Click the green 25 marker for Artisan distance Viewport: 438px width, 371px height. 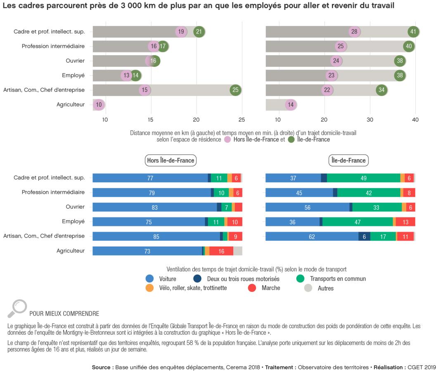[x=235, y=90]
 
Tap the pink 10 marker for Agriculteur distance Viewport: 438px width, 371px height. [x=99, y=105]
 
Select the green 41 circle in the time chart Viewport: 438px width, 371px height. [x=413, y=32]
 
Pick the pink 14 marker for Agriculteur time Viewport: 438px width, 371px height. [x=291, y=105]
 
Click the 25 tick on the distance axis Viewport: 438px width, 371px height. [x=242, y=120]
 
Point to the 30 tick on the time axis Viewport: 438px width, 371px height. [x=370, y=120]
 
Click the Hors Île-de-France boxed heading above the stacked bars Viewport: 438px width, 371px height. [x=170, y=160]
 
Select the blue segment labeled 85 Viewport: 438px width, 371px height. [x=156, y=237]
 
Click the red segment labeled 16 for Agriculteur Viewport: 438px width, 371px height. [x=221, y=251]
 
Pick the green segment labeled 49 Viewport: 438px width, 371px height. [x=363, y=178]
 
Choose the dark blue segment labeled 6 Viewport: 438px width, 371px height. [x=364, y=237]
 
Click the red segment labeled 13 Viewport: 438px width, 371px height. [x=405, y=222]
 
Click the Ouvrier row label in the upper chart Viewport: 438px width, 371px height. [x=75, y=61]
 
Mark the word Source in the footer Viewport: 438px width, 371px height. [x=102, y=367]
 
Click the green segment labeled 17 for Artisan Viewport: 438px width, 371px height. [x=383, y=237]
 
